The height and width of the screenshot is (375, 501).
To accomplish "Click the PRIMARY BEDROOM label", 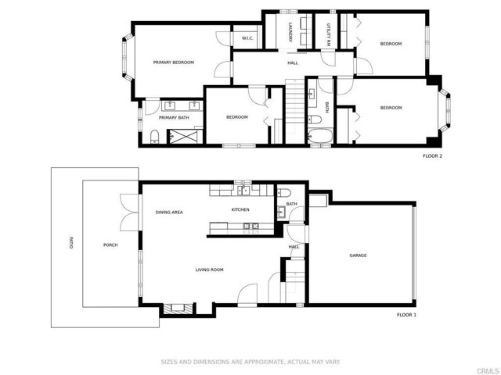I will [x=173, y=62].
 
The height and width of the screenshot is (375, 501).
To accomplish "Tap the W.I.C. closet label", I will [x=247, y=37].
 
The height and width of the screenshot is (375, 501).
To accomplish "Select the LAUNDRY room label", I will [x=290, y=32].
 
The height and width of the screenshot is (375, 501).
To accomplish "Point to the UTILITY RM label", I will [x=328, y=32].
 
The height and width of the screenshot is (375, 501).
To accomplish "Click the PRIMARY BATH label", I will [x=174, y=118].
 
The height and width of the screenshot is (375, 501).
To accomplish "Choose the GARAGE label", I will [x=358, y=255].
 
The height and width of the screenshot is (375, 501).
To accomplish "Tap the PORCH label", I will [x=111, y=245].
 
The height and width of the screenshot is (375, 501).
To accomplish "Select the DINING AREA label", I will [x=169, y=212].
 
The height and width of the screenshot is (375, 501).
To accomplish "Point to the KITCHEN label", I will [x=240, y=210].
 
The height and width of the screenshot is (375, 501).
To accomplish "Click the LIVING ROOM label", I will [x=210, y=270].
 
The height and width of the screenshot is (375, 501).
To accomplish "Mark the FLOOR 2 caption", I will [x=432, y=156].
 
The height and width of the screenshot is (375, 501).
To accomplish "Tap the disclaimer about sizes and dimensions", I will [x=250, y=362].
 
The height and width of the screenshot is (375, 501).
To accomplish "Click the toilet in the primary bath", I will [x=154, y=137].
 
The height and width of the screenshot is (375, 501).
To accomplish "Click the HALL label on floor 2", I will [x=293, y=63].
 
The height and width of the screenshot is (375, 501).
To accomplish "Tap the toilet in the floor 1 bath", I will [x=285, y=193].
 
